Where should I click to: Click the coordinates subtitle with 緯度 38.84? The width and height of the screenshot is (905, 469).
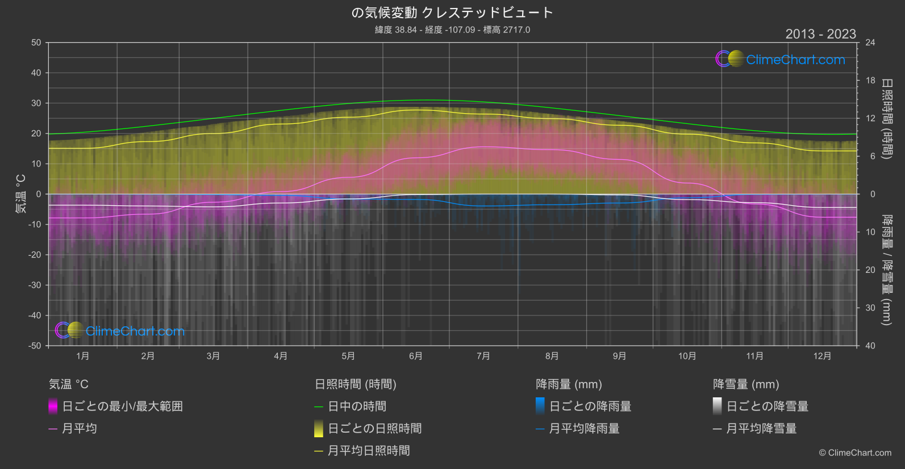(x=452, y=30)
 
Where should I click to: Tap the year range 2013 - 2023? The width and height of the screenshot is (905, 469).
(x=820, y=34)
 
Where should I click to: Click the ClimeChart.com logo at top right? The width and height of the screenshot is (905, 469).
(x=781, y=59)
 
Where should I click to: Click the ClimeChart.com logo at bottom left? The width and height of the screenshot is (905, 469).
(x=120, y=330)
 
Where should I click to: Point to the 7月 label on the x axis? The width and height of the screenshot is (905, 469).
(x=483, y=356)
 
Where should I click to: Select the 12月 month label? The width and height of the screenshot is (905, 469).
(x=822, y=356)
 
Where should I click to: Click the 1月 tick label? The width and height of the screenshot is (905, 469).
(x=82, y=356)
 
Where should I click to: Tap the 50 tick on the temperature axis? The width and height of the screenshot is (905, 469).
(x=36, y=43)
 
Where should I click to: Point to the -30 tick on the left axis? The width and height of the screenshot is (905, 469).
(x=35, y=285)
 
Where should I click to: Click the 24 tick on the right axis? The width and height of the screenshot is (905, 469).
(x=870, y=43)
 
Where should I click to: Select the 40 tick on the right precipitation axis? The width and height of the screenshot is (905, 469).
(x=870, y=346)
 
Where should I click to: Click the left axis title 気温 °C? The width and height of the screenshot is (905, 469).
(x=20, y=194)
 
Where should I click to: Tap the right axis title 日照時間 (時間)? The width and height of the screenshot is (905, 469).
(x=886, y=118)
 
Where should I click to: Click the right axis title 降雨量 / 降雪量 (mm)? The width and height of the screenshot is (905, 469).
(x=886, y=269)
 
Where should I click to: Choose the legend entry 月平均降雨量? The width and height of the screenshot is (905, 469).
(x=584, y=429)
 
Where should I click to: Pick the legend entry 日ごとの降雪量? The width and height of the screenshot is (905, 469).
(x=767, y=406)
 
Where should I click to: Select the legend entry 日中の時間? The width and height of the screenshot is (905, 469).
(x=357, y=406)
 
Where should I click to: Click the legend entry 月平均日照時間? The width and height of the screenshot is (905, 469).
(x=369, y=451)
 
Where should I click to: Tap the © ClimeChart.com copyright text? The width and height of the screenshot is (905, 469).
(x=855, y=453)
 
